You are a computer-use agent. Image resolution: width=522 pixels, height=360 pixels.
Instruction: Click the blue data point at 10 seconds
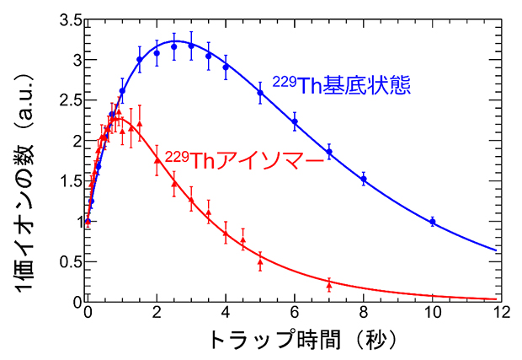click(x=433, y=222)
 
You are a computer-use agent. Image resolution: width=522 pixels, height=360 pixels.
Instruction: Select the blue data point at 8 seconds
click(x=364, y=179)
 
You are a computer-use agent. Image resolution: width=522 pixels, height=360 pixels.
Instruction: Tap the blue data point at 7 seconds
click(x=329, y=152)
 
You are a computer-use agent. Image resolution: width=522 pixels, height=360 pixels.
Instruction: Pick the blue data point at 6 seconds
click(x=295, y=121)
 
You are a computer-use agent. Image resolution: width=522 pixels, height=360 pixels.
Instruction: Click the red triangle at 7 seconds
click(x=329, y=284)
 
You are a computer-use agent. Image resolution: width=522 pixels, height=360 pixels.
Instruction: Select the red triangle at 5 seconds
click(x=260, y=261)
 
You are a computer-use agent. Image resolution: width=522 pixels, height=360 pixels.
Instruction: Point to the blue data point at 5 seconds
click(x=260, y=93)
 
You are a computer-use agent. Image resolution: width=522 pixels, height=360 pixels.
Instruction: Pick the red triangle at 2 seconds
click(x=157, y=160)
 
